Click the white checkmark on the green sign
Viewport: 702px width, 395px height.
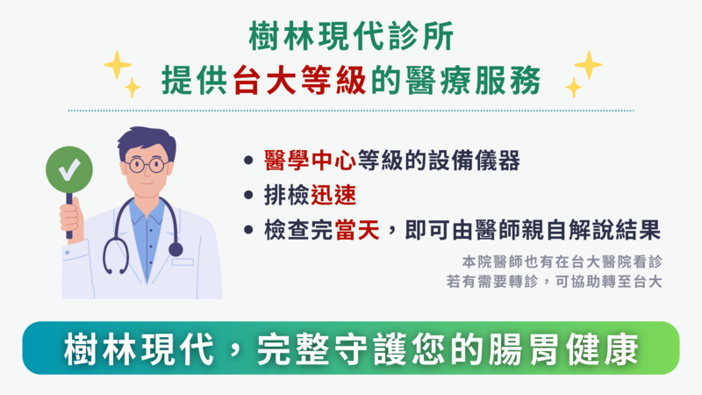click(x=69, y=169)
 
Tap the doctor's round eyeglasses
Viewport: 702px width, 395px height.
click(x=146, y=165)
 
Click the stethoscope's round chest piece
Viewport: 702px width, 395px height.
click(x=175, y=249)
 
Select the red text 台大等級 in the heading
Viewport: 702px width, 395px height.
click(x=299, y=81)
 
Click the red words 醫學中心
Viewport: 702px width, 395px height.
click(x=310, y=161)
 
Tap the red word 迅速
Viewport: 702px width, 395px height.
click(x=333, y=195)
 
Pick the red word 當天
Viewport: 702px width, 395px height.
click(x=357, y=230)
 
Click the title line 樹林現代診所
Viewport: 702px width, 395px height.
click(x=352, y=36)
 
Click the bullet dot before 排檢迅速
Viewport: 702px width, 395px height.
click(x=248, y=195)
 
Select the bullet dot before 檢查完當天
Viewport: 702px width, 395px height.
click(x=248, y=230)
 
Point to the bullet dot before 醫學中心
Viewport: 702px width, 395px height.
click(x=248, y=160)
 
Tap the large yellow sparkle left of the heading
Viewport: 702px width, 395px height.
click(x=118, y=65)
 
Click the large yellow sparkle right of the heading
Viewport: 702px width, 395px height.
click(x=588, y=65)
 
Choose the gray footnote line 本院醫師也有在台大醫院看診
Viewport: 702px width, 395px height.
click(x=562, y=262)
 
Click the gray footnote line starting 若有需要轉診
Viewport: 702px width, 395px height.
click(x=554, y=282)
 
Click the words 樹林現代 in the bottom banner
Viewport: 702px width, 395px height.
click(x=139, y=348)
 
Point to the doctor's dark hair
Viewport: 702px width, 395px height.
click(x=147, y=142)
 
